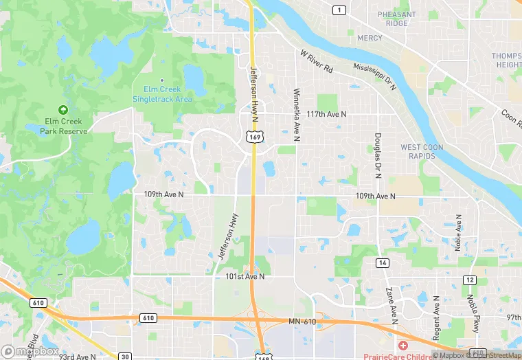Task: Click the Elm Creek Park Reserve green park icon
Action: pyautogui.click(x=63, y=109)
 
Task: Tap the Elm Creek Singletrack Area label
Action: pyautogui.click(x=162, y=94)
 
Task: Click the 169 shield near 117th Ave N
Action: pyautogui.click(x=255, y=137)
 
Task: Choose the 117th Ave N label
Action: pyautogui.click(x=327, y=113)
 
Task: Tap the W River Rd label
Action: pyautogui.click(x=316, y=61)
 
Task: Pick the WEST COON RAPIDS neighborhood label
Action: pyautogui.click(x=422, y=151)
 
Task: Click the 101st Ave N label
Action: pyautogui.click(x=245, y=277)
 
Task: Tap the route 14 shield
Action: pyautogui.click(x=383, y=263)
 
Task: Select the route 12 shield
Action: pyautogui.click(x=470, y=280)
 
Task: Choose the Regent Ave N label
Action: pyautogui.click(x=436, y=317)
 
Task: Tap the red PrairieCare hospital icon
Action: pyautogui.click(x=402, y=344)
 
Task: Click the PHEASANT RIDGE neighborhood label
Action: pyautogui.click(x=396, y=19)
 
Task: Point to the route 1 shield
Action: pyautogui.click(x=339, y=10)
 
